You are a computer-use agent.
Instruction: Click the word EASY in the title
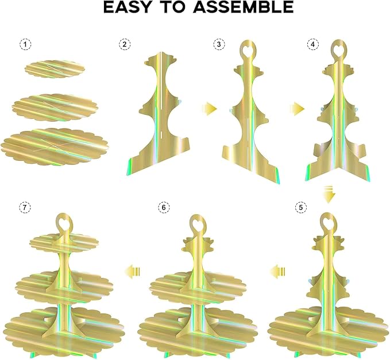[x=127, y=7]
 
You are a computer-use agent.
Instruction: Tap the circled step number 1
[x=25, y=45]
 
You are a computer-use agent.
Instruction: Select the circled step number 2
[x=125, y=45]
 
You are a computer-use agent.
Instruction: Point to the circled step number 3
[x=219, y=45]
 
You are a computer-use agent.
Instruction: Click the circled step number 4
[x=312, y=45]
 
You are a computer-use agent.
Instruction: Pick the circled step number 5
[x=301, y=207]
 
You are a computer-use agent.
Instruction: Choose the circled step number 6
[x=164, y=207]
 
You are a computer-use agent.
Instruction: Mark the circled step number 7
[x=25, y=207]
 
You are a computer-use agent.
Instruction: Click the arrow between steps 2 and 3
[x=210, y=109]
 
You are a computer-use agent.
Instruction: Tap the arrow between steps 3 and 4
[x=298, y=109]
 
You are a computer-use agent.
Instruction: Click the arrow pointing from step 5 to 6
[x=277, y=271]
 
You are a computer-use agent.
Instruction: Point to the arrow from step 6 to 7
[x=133, y=271]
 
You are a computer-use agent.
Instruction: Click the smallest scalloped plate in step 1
[x=55, y=69]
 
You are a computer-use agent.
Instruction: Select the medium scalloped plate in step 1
[x=55, y=107]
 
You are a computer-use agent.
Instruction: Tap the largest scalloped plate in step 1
[x=55, y=146]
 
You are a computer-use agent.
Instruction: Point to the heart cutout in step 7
[x=63, y=221]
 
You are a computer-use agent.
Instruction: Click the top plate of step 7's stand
[x=64, y=242]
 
